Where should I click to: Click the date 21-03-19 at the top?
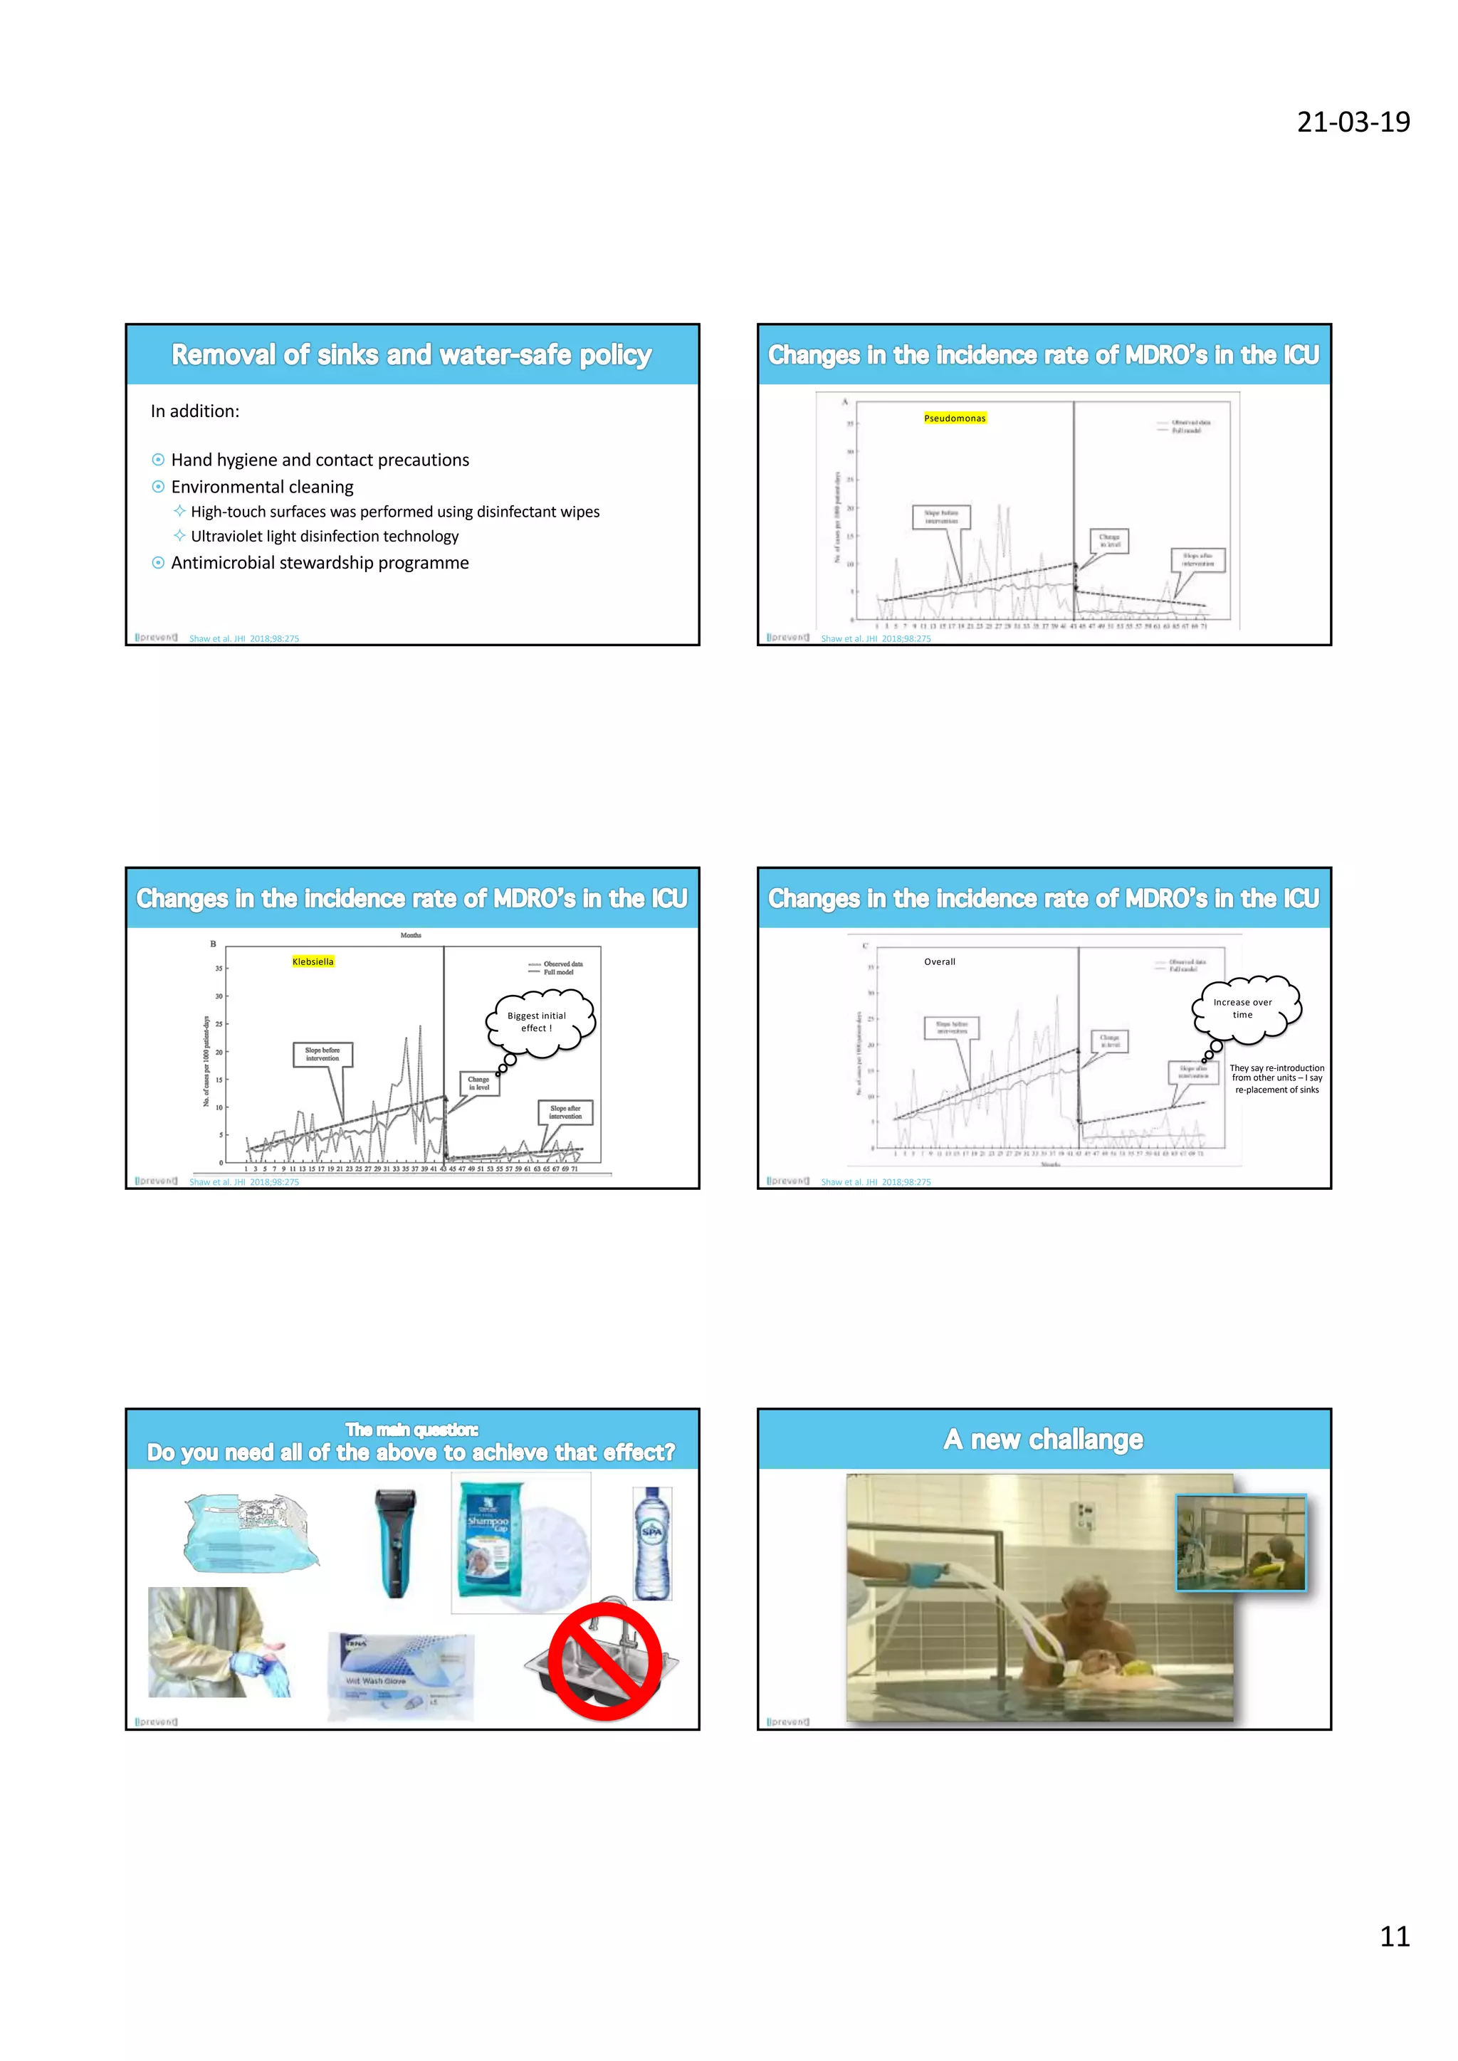coord(1352,122)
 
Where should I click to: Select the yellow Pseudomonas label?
coord(955,418)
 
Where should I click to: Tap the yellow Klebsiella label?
coord(313,961)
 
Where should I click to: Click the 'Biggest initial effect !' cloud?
coord(539,1021)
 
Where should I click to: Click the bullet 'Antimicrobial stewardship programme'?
coord(320,563)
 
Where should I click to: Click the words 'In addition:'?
coord(195,411)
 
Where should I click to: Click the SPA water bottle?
coord(652,1544)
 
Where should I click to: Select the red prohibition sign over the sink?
coord(605,1662)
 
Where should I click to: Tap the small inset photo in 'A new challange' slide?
coord(1240,1542)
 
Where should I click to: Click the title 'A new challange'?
coord(1043,1439)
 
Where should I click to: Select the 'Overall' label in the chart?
coord(939,961)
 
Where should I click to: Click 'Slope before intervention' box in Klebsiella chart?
coord(322,1054)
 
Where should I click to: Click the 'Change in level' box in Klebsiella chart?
coord(478,1082)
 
